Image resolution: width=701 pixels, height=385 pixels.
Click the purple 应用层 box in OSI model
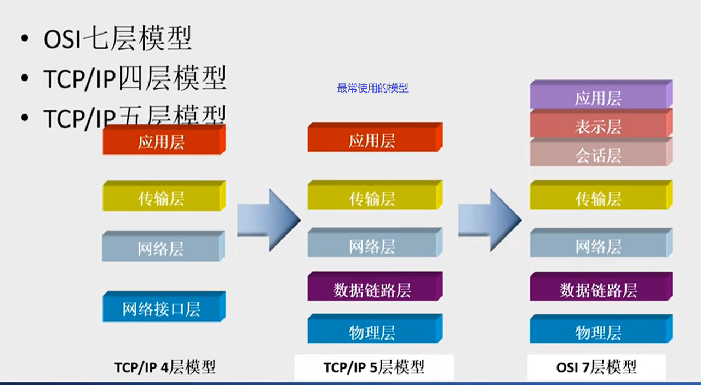(x=599, y=98)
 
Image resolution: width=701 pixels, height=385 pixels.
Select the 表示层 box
(x=599, y=127)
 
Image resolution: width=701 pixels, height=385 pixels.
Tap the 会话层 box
(x=599, y=156)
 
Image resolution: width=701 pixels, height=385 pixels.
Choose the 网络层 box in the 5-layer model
(x=372, y=246)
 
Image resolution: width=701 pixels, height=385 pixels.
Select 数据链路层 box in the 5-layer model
(x=372, y=289)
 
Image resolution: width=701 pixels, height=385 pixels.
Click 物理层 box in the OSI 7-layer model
(x=599, y=332)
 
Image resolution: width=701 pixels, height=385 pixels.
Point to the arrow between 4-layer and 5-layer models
(x=268, y=220)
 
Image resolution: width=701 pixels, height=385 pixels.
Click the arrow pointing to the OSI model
(x=489, y=220)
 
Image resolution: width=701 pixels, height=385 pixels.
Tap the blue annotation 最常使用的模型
(x=372, y=88)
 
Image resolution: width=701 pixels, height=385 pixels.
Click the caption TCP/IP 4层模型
(x=165, y=366)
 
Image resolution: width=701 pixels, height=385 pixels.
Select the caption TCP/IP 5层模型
(x=374, y=366)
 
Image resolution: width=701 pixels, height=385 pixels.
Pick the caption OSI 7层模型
(x=596, y=366)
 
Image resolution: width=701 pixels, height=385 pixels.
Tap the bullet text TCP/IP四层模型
(x=135, y=78)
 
